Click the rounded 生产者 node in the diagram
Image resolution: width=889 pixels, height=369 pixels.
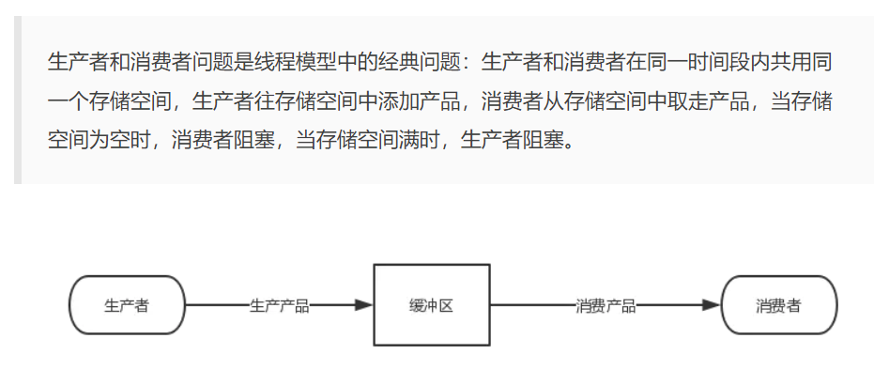click(x=127, y=305)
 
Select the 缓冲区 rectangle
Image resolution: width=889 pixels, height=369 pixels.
click(x=432, y=305)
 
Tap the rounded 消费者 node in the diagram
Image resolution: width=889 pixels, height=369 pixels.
click(x=778, y=305)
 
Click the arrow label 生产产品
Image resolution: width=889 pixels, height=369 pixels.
click(x=279, y=305)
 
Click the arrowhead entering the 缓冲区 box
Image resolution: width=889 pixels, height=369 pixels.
click(x=363, y=305)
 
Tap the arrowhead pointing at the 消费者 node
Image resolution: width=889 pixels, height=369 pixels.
click(x=711, y=305)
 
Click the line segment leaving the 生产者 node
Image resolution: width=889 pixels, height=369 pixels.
click(x=216, y=305)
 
